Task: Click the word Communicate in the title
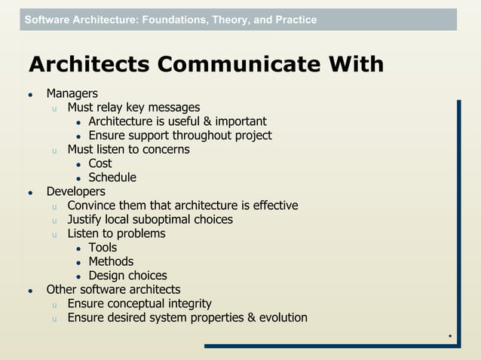(244, 65)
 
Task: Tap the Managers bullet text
(72, 94)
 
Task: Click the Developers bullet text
(75, 192)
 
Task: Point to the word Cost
(100, 163)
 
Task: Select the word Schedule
(112, 178)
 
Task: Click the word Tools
(103, 248)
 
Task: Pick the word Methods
(111, 262)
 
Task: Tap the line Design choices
(127, 276)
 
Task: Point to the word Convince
(92, 206)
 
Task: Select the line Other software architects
(113, 290)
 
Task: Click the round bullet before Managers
(31, 96)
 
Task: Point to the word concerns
(165, 150)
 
